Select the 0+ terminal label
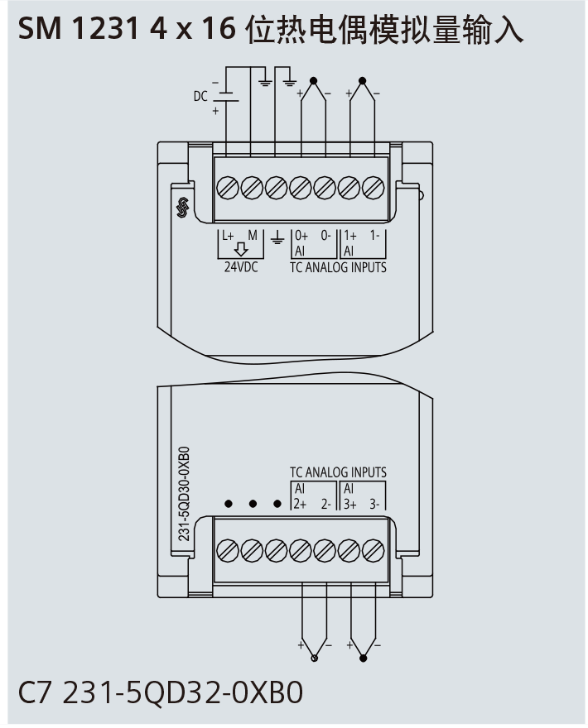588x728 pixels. [301, 235]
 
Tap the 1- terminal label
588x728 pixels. [375, 235]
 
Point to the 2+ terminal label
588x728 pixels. [301, 503]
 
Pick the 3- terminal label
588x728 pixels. [375, 503]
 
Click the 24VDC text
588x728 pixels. [242, 268]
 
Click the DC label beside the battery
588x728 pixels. [200, 96]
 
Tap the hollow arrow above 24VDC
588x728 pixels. [241, 251]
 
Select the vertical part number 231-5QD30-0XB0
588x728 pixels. [185, 493]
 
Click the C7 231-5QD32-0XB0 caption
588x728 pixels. [161, 692]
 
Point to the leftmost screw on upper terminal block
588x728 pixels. [226, 187]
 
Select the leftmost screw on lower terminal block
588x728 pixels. [226, 549]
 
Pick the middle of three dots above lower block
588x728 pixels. [252, 503]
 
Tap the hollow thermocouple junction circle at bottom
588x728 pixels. [313, 659]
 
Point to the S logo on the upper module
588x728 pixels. [183, 208]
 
